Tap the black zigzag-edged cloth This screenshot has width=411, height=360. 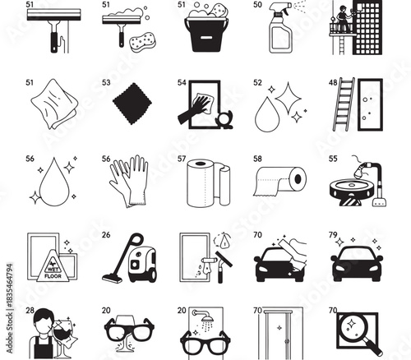tap(129, 106)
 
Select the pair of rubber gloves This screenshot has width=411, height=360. tap(129, 180)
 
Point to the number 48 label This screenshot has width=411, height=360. tap(332, 83)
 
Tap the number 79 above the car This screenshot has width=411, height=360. tap(334, 234)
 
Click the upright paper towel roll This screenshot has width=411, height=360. tap(205, 182)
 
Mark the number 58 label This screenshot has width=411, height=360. tap(257, 159)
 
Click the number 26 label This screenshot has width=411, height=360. tap(106, 234)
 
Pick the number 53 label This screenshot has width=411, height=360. tap(106, 83)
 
